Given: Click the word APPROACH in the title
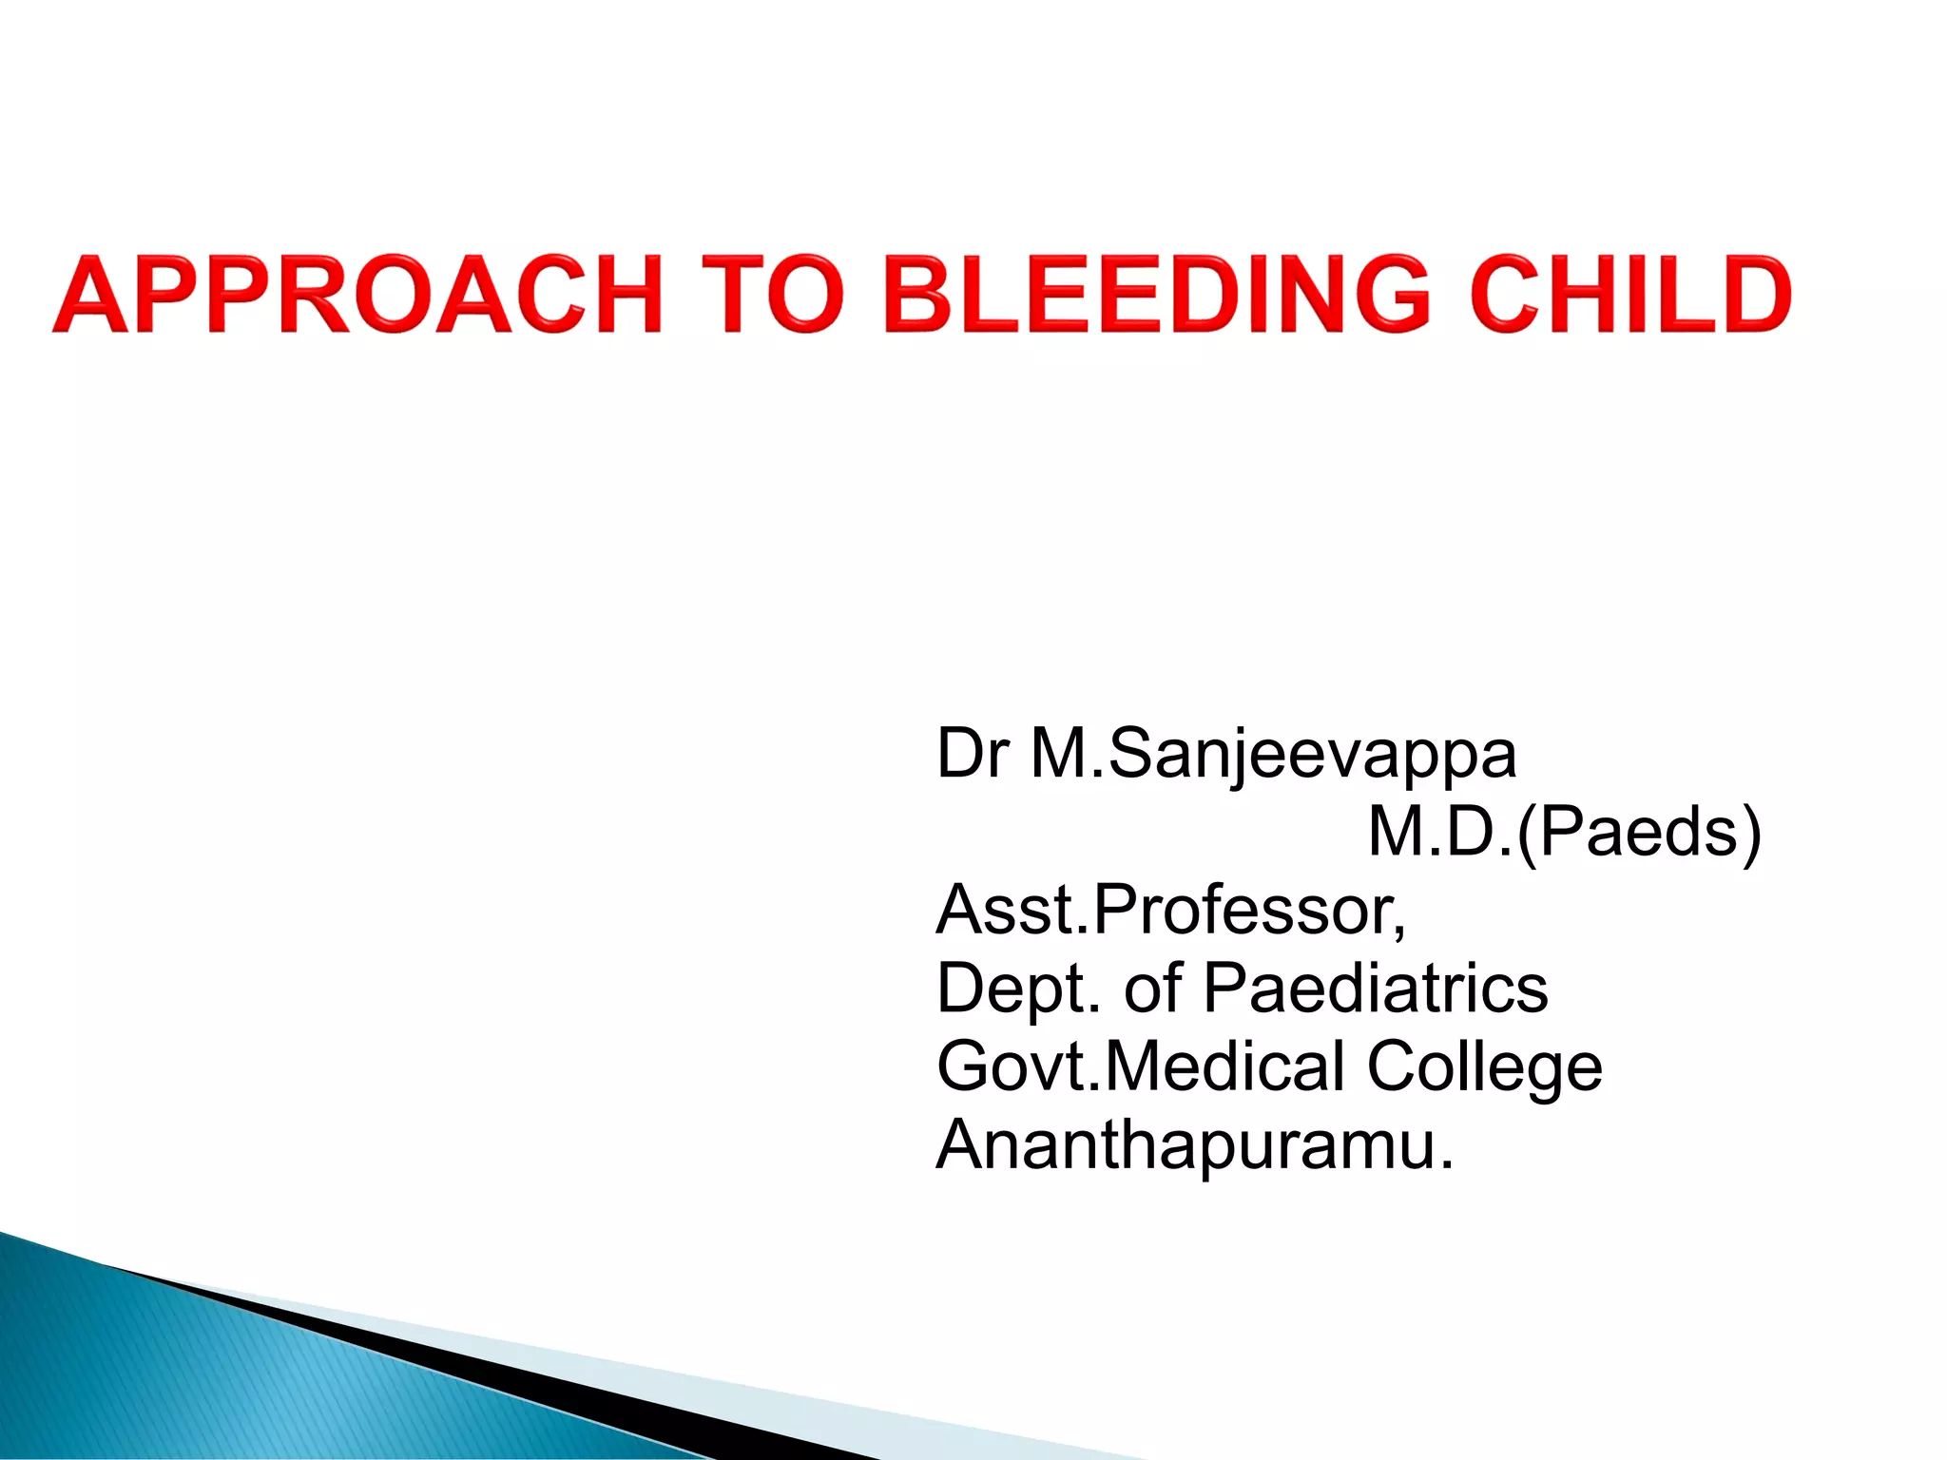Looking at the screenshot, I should coord(357,295).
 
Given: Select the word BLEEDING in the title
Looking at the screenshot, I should coord(1156,295).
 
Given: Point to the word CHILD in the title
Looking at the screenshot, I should coord(1629,295).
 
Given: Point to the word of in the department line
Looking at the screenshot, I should coord(1153,989).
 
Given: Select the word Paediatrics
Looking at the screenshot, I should coord(1375,989).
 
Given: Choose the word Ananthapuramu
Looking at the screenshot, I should coord(1194,1146).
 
